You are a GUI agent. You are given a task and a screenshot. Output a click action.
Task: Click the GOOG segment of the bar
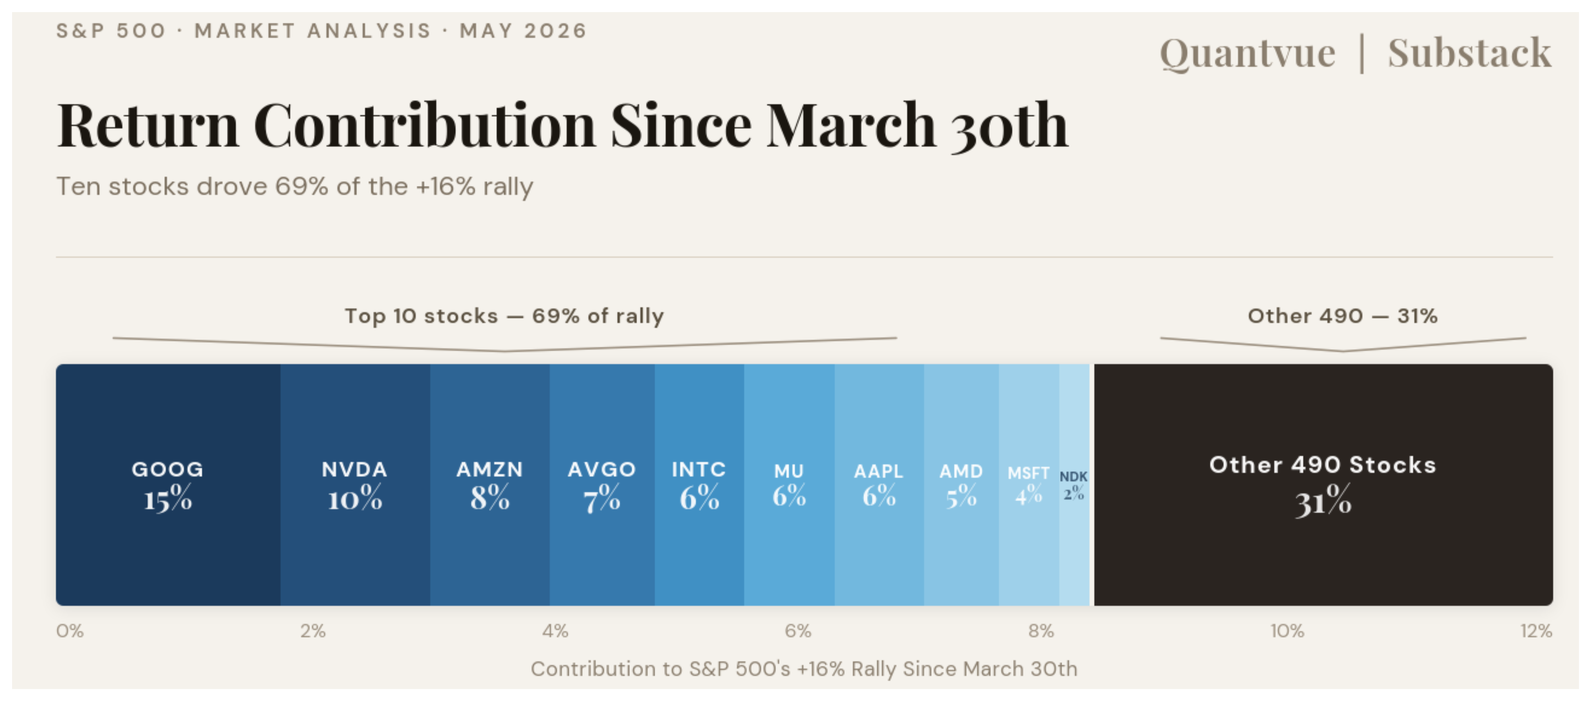click(168, 485)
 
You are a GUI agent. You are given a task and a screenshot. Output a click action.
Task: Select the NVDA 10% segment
click(355, 485)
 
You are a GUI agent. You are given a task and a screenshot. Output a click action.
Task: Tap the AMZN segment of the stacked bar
click(490, 485)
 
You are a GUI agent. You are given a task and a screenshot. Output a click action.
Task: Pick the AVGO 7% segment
click(602, 485)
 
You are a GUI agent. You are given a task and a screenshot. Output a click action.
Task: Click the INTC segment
click(699, 485)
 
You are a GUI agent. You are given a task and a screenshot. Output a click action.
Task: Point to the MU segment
click(789, 485)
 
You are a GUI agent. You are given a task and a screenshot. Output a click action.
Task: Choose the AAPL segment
click(879, 485)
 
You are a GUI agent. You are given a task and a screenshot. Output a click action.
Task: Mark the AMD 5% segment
click(961, 485)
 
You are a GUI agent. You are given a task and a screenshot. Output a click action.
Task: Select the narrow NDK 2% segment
click(1074, 485)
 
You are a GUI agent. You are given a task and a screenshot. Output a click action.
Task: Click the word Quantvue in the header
click(1248, 54)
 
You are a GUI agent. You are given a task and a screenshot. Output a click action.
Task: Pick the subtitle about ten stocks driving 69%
click(295, 187)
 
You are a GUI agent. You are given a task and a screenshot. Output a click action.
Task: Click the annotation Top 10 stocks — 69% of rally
click(504, 316)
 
